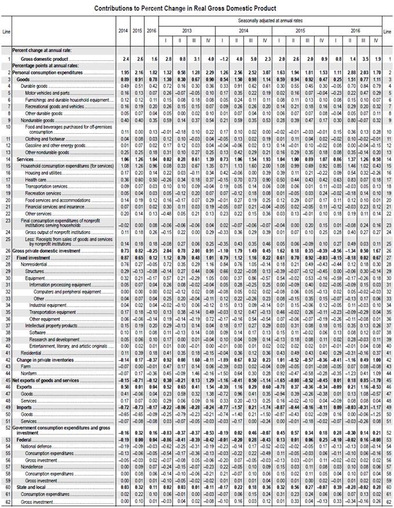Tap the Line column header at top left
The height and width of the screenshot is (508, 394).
pos(7,30)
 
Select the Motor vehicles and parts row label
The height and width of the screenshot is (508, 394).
pos(48,93)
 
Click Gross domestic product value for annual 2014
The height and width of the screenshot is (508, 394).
pos(123,60)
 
